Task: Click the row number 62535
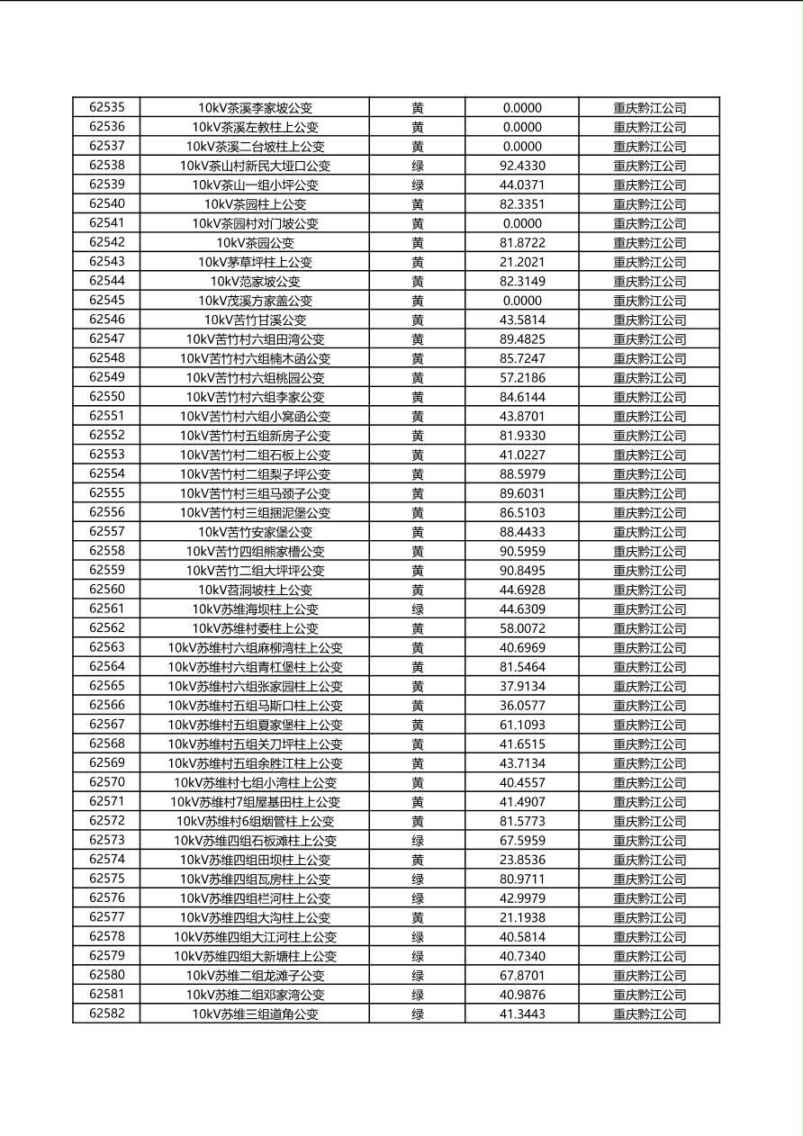107,108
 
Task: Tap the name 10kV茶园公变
255,243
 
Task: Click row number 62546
107,320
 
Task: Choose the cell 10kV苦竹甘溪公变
255,320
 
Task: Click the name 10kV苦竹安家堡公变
255,532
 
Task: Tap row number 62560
107,590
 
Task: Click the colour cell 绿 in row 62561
418,609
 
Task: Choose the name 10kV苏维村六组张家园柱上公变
255,686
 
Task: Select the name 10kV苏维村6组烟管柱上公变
255,821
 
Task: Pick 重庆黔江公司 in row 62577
649,918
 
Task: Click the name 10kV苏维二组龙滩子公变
255,976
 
